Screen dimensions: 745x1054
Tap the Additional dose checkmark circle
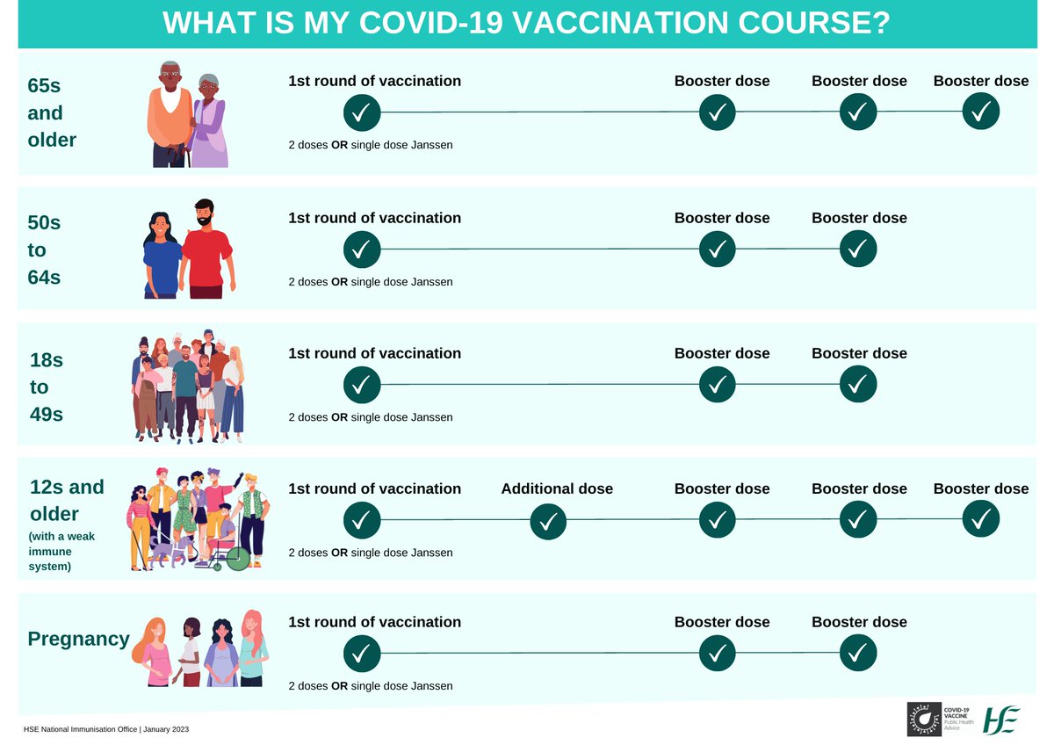(549, 523)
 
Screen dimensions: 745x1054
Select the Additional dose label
(557, 488)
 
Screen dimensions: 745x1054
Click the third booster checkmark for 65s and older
(981, 112)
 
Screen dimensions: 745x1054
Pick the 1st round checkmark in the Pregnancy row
(362, 654)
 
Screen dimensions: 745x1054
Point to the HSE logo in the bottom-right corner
(1001, 720)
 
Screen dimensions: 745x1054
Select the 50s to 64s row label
(44, 250)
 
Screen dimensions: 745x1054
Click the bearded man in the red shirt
(206, 250)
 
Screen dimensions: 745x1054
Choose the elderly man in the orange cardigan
(169, 114)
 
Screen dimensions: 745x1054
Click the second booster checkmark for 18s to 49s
(858, 385)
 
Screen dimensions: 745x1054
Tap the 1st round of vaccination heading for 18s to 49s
(374, 353)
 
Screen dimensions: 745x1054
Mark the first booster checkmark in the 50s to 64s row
(718, 250)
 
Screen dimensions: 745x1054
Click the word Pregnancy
(78, 639)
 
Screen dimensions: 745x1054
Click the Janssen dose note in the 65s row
(371, 144)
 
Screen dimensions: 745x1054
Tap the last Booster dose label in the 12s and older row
(980, 488)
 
